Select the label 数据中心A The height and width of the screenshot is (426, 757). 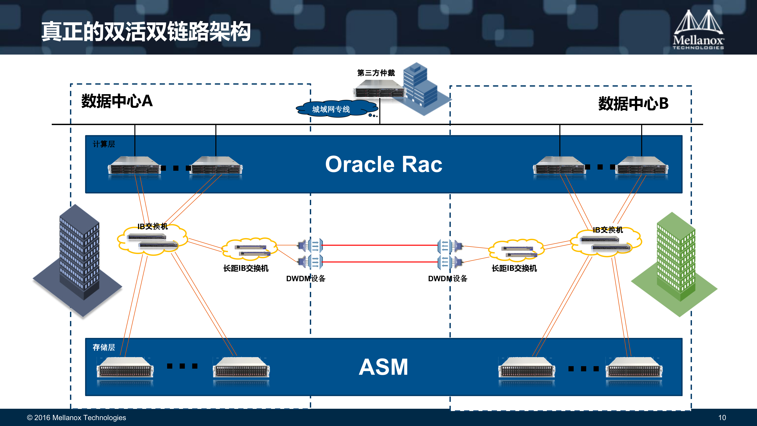pyautogui.click(x=117, y=101)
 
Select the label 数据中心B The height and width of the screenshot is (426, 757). pyautogui.click(x=633, y=104)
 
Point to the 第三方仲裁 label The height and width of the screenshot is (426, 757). pyautogui.click(x=376, y=73)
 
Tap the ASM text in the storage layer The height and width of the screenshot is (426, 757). pyautogui.click(x=383, y=367)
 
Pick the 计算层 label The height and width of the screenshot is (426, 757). pyautogui.click(x=104, y=144)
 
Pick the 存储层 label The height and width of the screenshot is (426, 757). pyautogui.click(x=104, y=347)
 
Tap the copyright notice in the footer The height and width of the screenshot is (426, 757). pyautogui.click(x=76, y=417)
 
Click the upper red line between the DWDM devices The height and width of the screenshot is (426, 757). pyautogui.click(x=381, y=245)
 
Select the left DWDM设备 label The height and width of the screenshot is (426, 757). pyautogui.click(x=306, y=278)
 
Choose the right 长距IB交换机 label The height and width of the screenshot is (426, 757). pyautogui.click(x=514, y=268)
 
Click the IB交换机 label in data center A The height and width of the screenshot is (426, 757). pyautogui.click(x=152, y=226)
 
